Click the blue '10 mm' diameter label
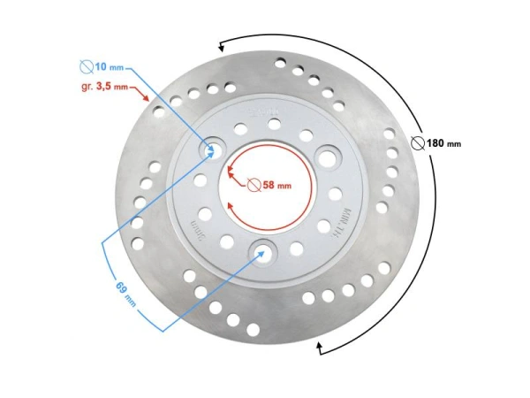pyautogui.click(x=110, y=67)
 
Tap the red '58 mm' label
pyautogui.click(x=276, y=186)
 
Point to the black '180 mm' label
pyautogui.click(x=443, y=143)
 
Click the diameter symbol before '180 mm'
pyautogui.click(x=417, y=143)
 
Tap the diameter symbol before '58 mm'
pyautogui.click(x=253, y=186)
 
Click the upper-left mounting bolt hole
pyautogui.click(x=211, y=149)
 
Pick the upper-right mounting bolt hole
pyautogui.click(x=330, y=157)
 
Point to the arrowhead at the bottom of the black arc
pyautogui.click(x=321, y=350)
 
